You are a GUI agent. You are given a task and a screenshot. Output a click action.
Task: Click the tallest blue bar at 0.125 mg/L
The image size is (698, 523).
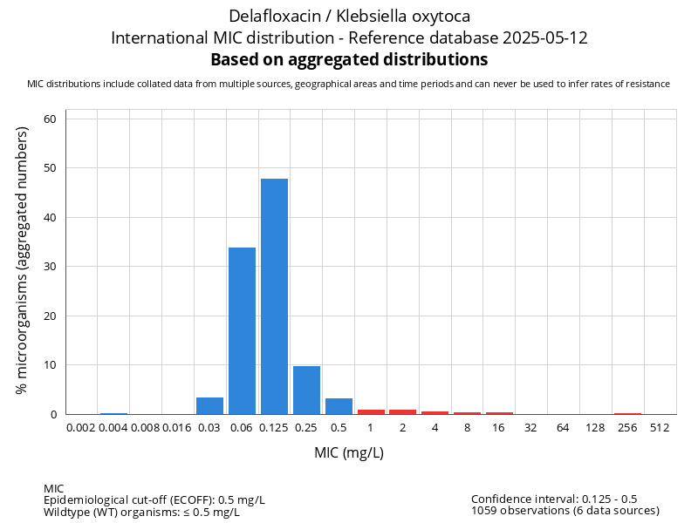[x=274, y=296]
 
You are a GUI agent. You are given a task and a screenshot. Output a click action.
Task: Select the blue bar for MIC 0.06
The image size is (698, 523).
[x=242, y=331]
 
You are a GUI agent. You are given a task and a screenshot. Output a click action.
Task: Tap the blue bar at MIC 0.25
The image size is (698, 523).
[x=306, y=391]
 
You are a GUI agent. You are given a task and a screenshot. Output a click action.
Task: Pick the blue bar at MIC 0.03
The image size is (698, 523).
[x=209, y=406]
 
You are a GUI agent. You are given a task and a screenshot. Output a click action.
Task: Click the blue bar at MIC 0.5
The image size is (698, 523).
[x=339, y=406]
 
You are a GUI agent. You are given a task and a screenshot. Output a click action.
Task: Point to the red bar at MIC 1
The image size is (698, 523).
[x=371, y=411]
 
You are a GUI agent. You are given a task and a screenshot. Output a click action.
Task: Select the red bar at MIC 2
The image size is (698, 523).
[x=403, y=411]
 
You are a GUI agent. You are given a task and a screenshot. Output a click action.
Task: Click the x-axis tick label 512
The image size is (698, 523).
[x=660, y=428]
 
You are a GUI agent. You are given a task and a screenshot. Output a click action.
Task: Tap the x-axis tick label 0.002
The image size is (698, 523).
[x=81, y=428]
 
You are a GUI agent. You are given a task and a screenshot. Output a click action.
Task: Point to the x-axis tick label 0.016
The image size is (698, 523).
[x=177, y=428]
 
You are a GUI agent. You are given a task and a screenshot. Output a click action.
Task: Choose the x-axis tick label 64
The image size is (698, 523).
[x=563, y=428]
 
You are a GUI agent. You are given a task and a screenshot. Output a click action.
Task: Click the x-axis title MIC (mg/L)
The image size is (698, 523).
[x=349, y=453]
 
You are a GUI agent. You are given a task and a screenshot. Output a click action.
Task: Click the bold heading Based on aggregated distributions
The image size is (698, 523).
[x=349, y=60]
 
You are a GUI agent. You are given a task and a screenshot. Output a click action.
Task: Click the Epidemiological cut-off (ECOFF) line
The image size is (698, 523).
[x=154, y=500]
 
